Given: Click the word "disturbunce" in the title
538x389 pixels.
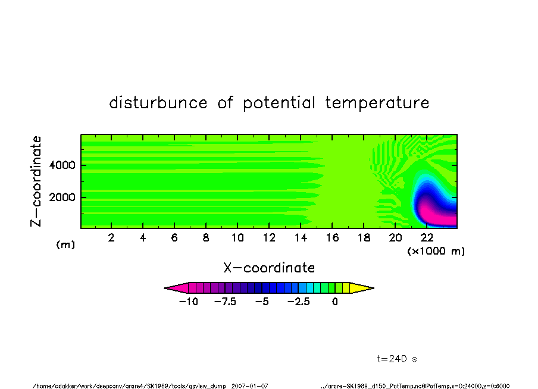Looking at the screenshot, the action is coord(158,102).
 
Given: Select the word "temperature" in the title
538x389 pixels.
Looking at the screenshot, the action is coord(377,102).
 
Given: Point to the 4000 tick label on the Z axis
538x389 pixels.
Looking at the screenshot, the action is coord(62,165).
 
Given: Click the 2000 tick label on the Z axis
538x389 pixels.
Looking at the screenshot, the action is coord(62,197).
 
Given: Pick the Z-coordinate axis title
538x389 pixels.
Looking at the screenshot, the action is coord(36,181).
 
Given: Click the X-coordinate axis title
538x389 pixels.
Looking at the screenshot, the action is coord(269,268).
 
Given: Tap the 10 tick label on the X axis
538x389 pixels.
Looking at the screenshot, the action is coord(237,237).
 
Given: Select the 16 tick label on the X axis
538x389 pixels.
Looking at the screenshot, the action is coord(332,237).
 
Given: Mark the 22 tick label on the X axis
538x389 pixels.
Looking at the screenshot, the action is coord(427,237).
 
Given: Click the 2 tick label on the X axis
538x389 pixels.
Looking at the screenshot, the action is coord(111,237).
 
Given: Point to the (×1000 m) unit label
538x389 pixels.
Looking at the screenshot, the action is coord(436,251).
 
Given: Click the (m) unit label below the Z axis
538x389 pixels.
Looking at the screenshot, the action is coord(65,244).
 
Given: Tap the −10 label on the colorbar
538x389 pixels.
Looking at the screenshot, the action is coord(189,302).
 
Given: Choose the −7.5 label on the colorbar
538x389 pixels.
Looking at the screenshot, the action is coord(225,302).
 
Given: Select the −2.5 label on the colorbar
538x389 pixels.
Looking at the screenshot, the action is coord(299,302).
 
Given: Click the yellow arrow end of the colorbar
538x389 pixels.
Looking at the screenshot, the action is coord(362,288).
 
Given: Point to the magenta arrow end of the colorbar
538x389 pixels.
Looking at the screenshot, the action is coord(176,288).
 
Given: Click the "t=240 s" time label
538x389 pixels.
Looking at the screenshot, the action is coord(397,359).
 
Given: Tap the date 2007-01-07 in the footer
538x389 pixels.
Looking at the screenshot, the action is coord(249,386).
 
